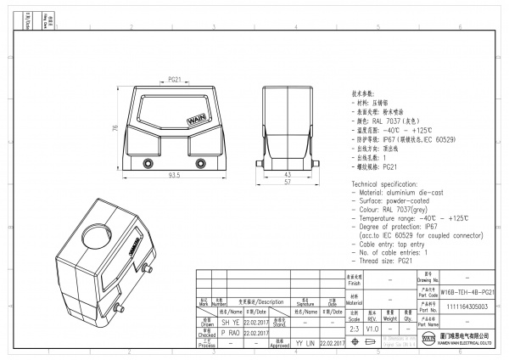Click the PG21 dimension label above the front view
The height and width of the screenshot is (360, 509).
[x=173, y=79]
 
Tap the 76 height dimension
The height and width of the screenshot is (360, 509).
[x=113, y=128]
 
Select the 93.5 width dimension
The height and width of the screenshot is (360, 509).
[x=173, y=176]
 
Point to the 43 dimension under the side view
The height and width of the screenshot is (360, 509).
[x=288, y=174]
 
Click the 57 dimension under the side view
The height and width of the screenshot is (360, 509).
[x=288, y=183]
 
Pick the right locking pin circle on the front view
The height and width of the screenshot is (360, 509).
[x=201, y=162]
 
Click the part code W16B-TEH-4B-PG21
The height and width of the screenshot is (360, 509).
[x=468, y=291]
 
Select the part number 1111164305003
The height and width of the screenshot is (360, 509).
[x=468, y=307]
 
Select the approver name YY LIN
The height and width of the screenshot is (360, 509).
[x=305, y=343]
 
